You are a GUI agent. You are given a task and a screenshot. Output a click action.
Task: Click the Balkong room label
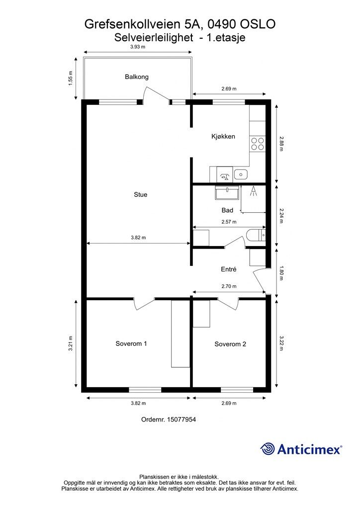(x=137, y=77)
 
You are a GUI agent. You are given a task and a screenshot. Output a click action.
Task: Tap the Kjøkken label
(x=223, y=136)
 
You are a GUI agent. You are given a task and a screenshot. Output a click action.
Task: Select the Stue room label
(x=141, y=194)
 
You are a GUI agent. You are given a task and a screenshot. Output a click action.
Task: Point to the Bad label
(x=227, y=210)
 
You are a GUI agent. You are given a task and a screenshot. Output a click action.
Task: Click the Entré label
(x=229, y=269)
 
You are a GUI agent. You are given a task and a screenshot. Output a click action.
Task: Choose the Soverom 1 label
(x=131, y=343)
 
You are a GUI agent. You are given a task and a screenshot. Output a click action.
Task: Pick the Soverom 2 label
(x=230, y=344)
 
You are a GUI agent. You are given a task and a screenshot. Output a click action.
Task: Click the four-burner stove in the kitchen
(x=257, y=144)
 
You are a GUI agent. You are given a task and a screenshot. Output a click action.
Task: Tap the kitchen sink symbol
(x=241, y=174)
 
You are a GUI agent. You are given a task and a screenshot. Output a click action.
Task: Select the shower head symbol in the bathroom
(x=253, y=191)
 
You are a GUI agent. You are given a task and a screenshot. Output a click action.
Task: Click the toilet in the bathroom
(x=256, y=235)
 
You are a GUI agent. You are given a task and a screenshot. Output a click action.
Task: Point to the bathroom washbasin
(x=227, y=192)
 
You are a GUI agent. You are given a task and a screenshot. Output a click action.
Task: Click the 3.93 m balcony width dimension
(x=138, y=47)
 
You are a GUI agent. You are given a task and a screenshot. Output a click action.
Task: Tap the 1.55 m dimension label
(x=71, y=78)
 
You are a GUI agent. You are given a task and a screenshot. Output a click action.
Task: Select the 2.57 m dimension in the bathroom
(x=229, y=222)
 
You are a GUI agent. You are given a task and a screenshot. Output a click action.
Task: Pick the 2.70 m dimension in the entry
(x=229, y=286)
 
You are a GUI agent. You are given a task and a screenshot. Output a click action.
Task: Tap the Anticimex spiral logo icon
(x=268, y=449)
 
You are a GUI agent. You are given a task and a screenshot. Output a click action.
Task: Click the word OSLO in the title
(x=258, y=24)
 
